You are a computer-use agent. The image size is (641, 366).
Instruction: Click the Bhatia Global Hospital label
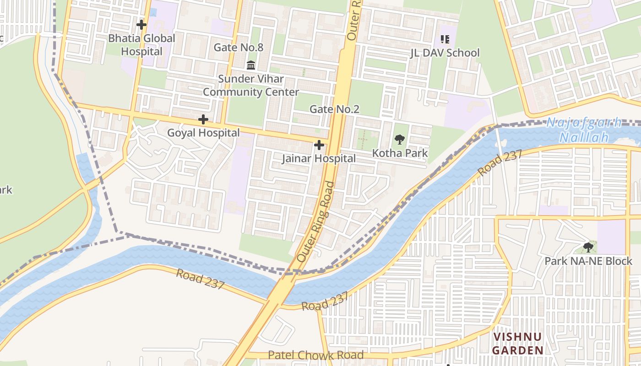pos(141,45)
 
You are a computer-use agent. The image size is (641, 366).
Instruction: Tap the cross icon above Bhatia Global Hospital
pos(141,25)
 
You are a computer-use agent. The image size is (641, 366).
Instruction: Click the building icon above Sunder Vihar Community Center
pos(251,65)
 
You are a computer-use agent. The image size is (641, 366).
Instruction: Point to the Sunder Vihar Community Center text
pos(251,86)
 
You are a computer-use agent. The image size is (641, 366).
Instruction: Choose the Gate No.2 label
pos(334,109)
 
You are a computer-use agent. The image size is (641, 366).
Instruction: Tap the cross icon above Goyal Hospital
pos(203,120)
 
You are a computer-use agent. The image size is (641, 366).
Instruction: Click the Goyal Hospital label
pos(203,133)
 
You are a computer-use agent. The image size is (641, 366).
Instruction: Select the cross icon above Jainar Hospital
pos(319,145)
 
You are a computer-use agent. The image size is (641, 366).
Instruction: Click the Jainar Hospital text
pos(319,159)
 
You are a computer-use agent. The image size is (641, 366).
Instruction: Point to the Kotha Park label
pos(400,153)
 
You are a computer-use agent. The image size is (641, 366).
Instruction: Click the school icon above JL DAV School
pos(445,40)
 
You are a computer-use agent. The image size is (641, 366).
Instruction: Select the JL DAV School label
pos(445,53)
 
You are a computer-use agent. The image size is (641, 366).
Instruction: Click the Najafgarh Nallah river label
pos(584,130)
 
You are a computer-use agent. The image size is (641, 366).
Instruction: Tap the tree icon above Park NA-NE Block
pos(588,248)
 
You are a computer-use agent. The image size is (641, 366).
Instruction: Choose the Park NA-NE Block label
pos(588,261)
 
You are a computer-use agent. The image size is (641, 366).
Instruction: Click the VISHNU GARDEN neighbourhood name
pos(518,344)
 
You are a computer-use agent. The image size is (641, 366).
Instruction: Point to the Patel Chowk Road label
pos(315,355)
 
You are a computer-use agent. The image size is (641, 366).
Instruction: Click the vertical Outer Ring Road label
pos(315,222)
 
